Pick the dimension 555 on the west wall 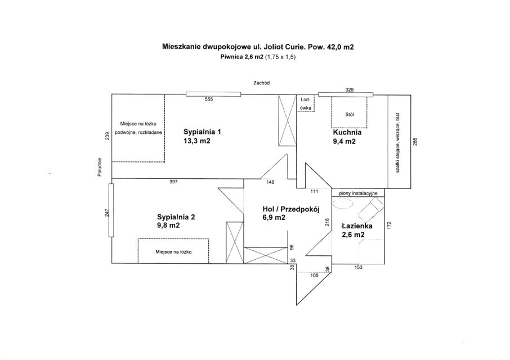coord(209,100)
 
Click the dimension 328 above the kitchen coord(349,90)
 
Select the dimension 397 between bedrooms coord(174,182)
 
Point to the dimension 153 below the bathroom coord(358,267)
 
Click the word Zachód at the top coord(261,83)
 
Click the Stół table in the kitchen coord(349,114)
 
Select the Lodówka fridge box coord(306,103)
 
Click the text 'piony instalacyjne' coord(358,193)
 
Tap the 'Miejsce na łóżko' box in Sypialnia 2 coord(174,251)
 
